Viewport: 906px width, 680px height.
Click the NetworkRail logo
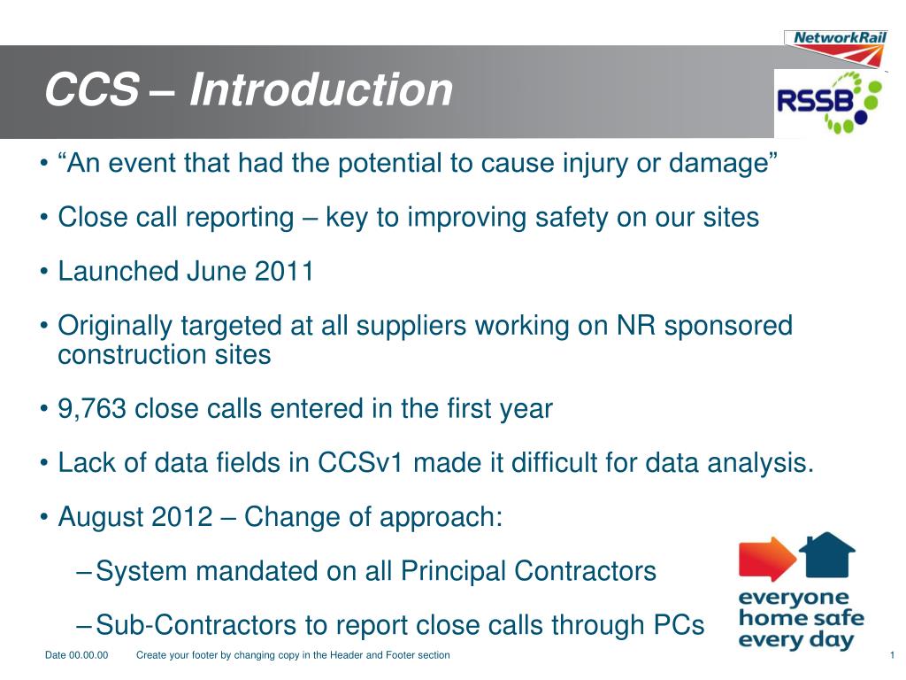834,46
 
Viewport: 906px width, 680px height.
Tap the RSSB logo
829,104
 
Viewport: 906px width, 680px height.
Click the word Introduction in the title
320,90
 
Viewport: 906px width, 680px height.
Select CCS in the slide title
91,90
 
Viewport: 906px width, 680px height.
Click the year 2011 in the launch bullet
284,271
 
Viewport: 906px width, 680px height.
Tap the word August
101,517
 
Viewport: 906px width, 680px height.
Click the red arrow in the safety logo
766,558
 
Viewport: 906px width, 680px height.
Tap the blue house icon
826,554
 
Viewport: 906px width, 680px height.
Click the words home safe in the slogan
800,618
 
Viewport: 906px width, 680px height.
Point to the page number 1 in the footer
892,655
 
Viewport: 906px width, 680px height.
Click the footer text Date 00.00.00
76,655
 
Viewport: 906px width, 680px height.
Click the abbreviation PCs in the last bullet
678,626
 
